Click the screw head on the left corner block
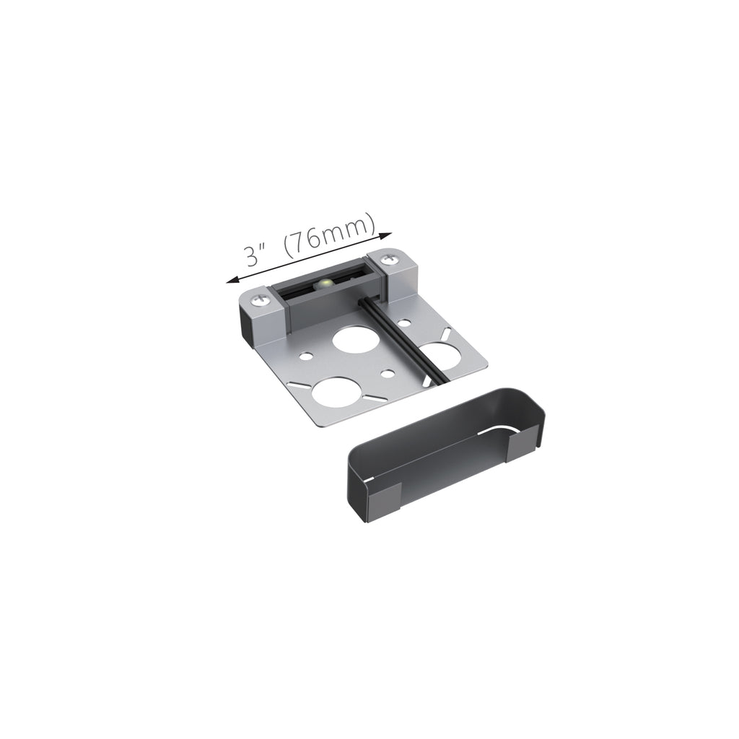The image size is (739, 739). pos(260,299)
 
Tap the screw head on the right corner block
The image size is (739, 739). pos(388,259)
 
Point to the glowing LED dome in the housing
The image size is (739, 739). pos(324,284)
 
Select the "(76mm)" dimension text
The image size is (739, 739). pos(331,237)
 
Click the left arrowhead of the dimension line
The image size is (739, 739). pos(232,281)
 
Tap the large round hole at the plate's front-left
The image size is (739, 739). pos(335,391)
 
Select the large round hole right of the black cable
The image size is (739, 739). pos(440,357)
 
